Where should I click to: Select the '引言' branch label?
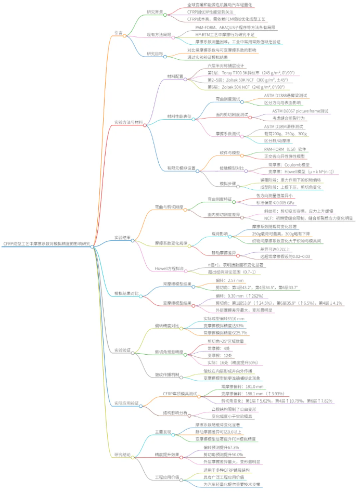119,32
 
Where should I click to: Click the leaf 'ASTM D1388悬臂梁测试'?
285,95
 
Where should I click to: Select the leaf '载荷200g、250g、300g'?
286,133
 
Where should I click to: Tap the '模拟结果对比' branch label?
127,294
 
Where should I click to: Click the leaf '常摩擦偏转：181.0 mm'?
242,386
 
